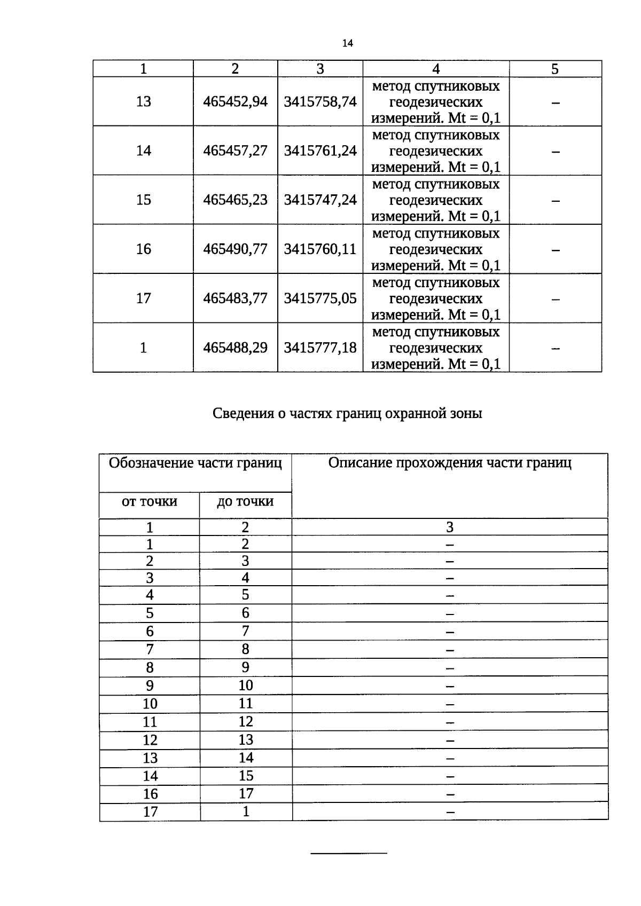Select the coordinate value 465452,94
(x=235, y=101)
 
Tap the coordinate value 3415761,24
(x=320, y=151)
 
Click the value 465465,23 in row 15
(x=235, y=200)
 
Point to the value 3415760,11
(x=320, y=249)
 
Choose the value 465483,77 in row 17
(x=235, y=298)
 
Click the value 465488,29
(x=235, y=348)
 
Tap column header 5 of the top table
(x=555, y=69)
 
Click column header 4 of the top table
(x=436, y=69)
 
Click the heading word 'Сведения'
(x=243, y=414)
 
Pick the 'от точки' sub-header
(x=149, y=502)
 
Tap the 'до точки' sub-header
(x=245, y=502)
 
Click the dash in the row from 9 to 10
(x=450, y=686)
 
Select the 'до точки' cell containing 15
(x=246, y=776)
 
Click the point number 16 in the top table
(x=143, y=249)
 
